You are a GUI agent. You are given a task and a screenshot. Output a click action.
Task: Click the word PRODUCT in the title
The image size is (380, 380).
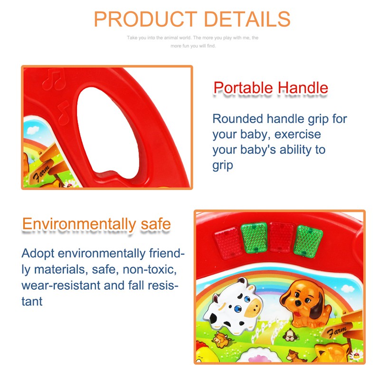(x=145, y=19)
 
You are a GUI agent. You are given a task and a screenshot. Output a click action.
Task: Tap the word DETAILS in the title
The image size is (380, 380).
(x=247, y=19)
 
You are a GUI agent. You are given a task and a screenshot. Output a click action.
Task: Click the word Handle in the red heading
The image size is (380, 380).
(x=303, y=87)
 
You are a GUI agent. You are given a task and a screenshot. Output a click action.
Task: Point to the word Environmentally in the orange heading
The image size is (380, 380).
(x=79, y=224)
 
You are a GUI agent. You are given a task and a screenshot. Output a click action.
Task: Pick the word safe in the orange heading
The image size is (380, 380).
(x=156, y=224)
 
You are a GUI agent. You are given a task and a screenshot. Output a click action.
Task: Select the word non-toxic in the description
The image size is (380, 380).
(x=150, y=269)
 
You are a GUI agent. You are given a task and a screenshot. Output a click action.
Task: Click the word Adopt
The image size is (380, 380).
(x=38, y=254)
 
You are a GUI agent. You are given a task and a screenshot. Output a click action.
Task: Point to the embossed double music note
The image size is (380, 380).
(x=54, y=79)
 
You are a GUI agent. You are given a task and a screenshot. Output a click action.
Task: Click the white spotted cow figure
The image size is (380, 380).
(x=233, y=306)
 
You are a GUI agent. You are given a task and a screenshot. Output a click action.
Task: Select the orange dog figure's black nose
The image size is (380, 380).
(x=298, y=303)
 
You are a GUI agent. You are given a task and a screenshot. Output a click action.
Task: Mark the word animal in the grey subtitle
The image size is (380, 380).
(x=171, y=38)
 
